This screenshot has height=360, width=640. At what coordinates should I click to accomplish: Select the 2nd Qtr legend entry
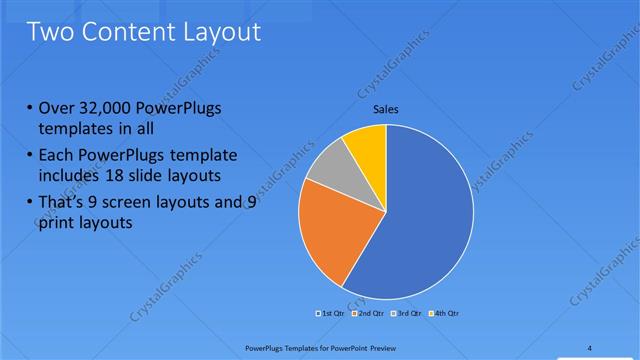point(370,314)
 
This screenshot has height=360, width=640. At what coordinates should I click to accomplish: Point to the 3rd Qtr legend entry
point(407,314)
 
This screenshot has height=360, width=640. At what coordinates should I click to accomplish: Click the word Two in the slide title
point(51,32)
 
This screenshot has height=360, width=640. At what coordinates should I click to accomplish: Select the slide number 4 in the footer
point(590,347)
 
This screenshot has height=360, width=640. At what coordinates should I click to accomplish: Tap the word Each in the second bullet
point(58,155)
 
